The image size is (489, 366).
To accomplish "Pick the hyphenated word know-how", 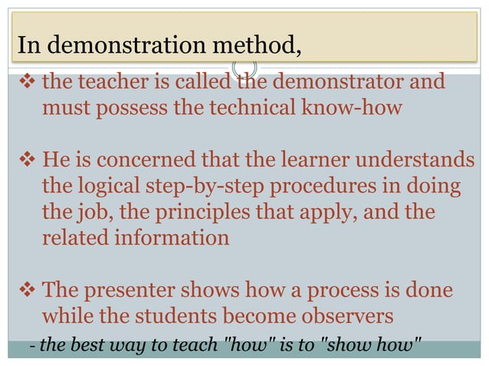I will pyautogui.click(x=352, y=107).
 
